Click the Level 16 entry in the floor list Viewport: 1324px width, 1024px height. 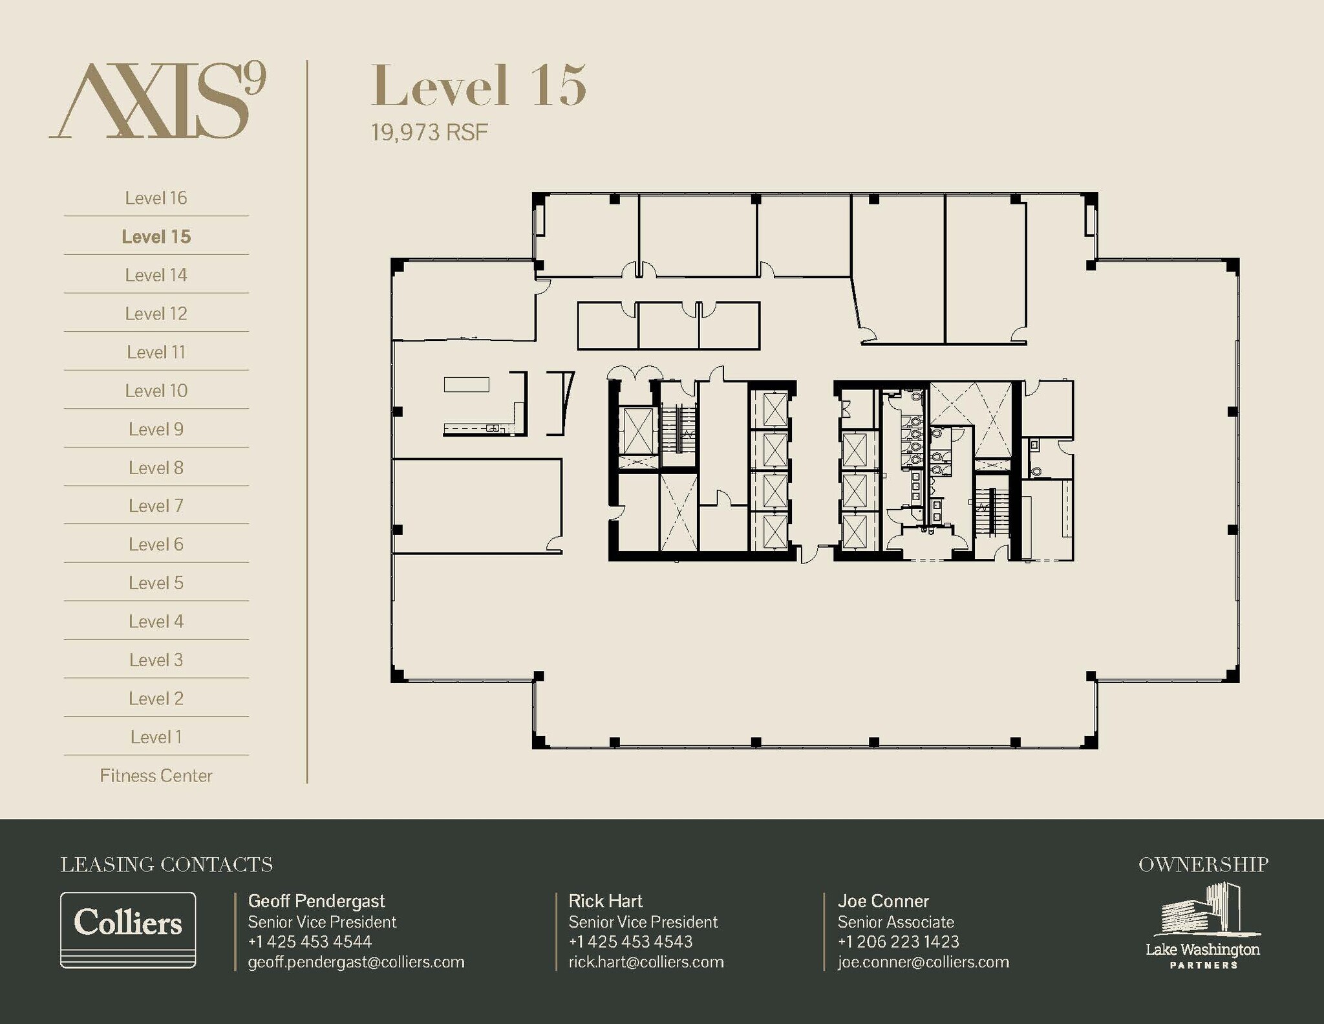click(156, 198)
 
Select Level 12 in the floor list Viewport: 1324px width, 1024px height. click(156, 314)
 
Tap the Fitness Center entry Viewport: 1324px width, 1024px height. click(156, 776)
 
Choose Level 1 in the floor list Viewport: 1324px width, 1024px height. click(156, 737)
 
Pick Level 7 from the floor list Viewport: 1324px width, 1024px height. click(156, 506)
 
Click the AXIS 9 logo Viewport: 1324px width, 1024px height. click(158, 100)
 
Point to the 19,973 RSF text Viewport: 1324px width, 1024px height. click(429, 133)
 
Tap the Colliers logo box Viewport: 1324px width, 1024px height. click(128, 930)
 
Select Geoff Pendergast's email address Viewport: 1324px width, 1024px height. click(356, 962)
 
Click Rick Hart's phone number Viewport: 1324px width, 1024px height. click(630, 942)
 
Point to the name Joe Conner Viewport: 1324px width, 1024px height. click(883, 901)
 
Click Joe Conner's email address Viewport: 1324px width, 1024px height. click(923, 962)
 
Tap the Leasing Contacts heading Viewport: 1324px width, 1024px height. click(167, 864)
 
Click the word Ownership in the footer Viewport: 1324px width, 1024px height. click(1203, 864)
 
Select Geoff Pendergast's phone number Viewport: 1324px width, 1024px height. click(310, 942)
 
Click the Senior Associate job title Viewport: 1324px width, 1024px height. click(896, 922)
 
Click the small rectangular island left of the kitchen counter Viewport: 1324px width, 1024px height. click(466, 384)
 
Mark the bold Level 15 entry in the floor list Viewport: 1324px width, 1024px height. click(156, 237)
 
